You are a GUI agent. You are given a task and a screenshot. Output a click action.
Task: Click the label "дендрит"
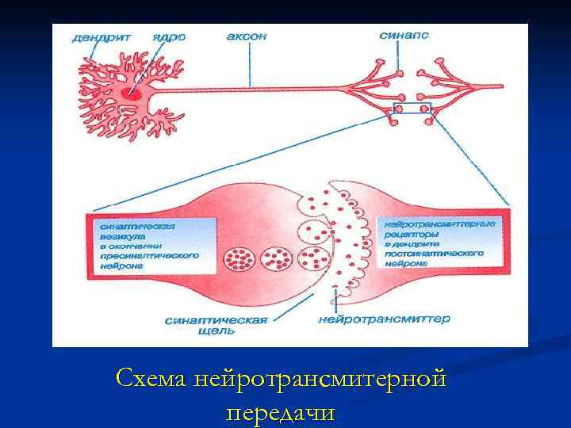(102, 37)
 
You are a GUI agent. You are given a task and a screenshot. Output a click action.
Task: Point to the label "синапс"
(404, 36)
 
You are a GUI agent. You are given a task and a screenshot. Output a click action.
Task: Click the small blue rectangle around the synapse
(412, 109)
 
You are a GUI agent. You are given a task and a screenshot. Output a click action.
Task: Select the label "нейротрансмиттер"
(383, 319)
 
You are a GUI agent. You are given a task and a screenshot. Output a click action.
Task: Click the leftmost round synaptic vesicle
(240, 259)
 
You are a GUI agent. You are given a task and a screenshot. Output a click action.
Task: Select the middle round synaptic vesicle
(276, 258)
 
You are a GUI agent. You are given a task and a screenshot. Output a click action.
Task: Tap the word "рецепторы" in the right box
(410, 235)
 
